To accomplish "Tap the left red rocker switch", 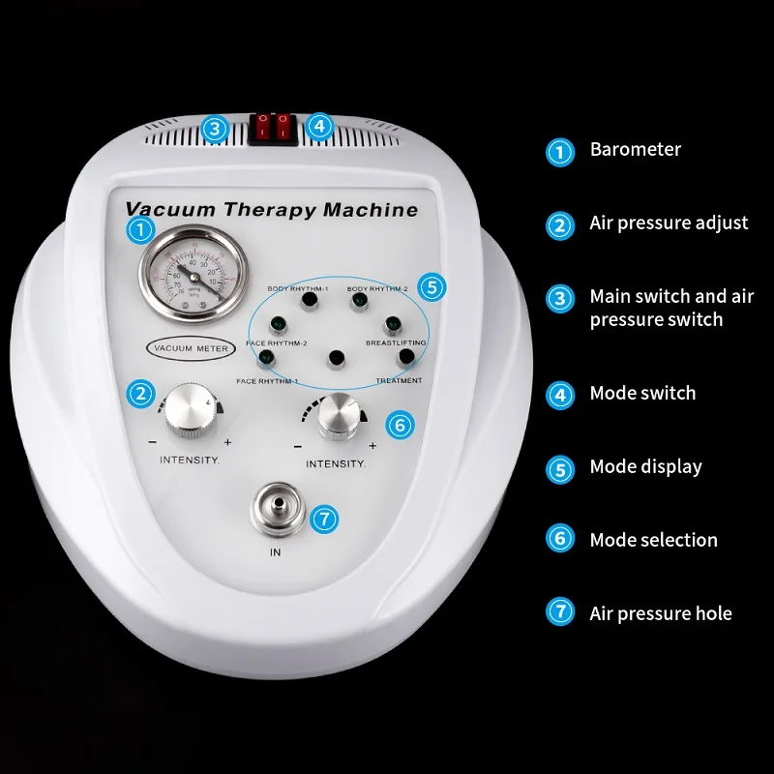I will tap(263, 126).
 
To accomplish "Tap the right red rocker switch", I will tap(283, 126).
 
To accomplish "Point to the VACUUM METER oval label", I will tap(185, 346).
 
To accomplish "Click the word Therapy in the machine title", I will tap(271, 209).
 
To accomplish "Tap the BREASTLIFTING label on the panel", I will tap(395, 343).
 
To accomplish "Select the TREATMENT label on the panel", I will tap(399, 380).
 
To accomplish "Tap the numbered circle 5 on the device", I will tap(434, 286).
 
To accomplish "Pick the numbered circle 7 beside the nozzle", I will tap(325, 518).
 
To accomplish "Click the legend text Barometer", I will tap(635, 150).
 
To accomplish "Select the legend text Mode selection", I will tap(653, 540).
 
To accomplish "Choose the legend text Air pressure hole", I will tap(660, 613).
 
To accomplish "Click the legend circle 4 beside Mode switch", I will tap(560, 395).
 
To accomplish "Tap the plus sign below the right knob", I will tap(372, 446).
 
